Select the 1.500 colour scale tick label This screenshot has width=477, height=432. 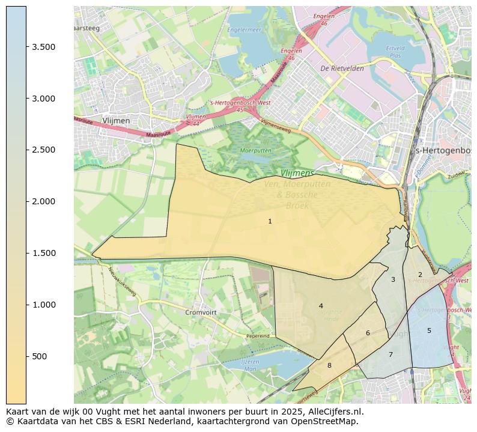44,253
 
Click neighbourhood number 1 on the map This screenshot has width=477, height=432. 270,221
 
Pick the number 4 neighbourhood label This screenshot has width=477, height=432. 321,306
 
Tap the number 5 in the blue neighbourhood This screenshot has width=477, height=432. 429,330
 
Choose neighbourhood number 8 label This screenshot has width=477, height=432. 329,365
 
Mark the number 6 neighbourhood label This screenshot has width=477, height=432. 368,333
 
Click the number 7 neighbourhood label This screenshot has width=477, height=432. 390,354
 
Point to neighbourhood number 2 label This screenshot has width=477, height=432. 420,275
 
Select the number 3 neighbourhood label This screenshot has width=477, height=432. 393,279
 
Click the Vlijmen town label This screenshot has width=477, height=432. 116,121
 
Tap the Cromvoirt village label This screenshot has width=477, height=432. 201,312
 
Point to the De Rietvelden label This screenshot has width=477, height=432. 342,68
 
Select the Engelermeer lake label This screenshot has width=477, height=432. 244,29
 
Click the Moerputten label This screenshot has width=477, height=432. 256,150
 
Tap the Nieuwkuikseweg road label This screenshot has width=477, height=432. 123,279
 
